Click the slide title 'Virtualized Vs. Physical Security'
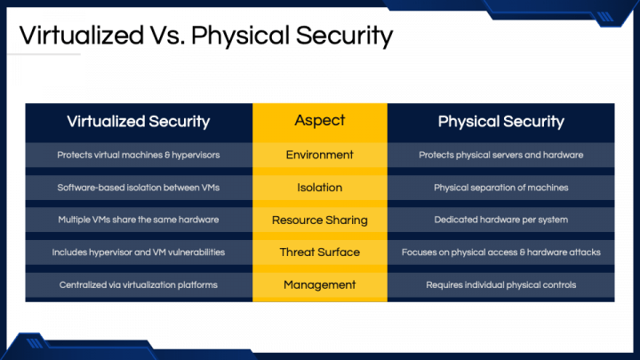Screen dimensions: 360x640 click(205, 36)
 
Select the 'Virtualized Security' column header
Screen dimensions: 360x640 click(139, 122)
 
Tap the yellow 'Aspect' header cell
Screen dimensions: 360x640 click(320, 121)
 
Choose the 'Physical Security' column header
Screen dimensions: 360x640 click(500, 122)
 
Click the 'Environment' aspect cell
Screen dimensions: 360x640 click(320, 155)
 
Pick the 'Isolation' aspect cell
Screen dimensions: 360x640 click(320, 188)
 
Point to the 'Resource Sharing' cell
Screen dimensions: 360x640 click(320, 220)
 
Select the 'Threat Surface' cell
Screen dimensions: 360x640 click(320, 252)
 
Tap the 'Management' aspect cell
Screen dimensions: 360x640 click(320, 285)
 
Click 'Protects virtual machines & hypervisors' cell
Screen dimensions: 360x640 click(139, 155)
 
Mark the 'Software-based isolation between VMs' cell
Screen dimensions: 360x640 click(139, 188)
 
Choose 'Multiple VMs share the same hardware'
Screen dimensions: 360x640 click(139, 220)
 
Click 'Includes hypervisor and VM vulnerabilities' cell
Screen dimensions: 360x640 click(139, 252)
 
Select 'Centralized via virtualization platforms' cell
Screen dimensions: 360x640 click(139, 285)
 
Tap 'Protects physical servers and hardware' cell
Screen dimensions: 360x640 click(500, 155)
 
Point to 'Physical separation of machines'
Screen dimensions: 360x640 click(500, 188)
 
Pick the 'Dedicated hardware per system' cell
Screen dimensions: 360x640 click(500, 220)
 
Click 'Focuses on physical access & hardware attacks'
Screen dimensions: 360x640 click(500, 252)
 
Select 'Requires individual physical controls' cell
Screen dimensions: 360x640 click(500, 285)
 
